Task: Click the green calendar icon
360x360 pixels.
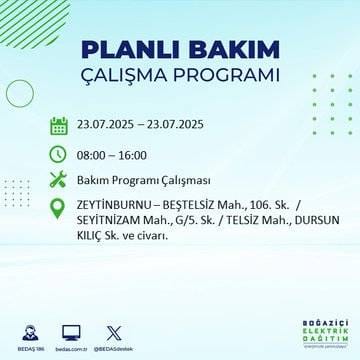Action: pyautogui.click(x=59, y=126)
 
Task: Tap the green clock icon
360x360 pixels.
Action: pyautogui.click(x=59, y=153)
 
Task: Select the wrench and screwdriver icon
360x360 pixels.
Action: pyautogui.click(x=59, y=180)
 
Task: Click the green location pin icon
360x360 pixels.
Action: pyautogui.click(x=59, y=208)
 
